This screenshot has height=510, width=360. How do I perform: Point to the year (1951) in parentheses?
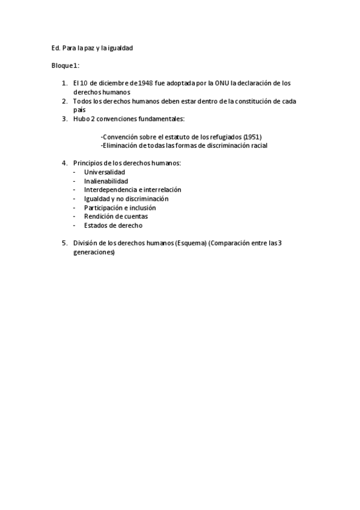coord(252,137)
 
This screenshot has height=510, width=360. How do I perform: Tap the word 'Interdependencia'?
coord(110,190)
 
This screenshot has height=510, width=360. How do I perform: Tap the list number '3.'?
coord(64,119)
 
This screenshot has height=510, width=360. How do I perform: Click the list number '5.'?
coord(64,244)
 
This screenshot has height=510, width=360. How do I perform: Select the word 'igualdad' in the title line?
coord(121,48)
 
